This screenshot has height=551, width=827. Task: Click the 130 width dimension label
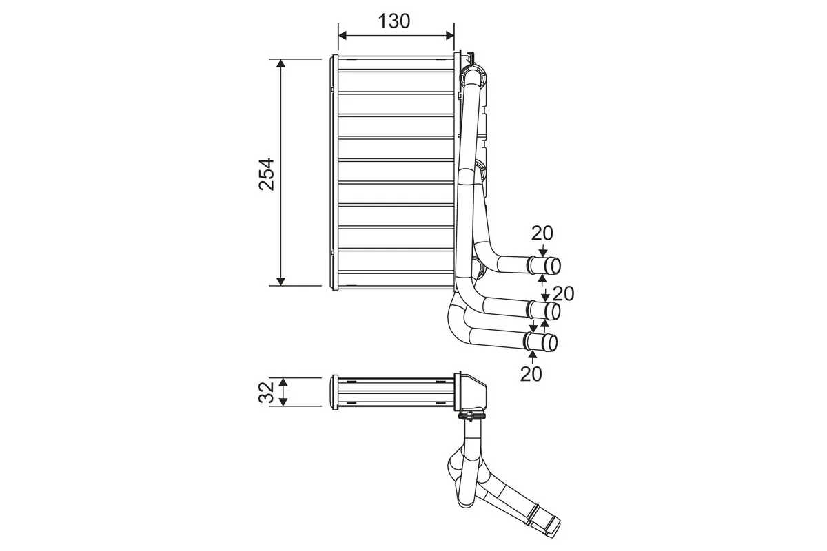pyautogui.click(x=394, y=21)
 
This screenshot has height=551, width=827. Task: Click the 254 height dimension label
pyautogui.click(x=267, y=174)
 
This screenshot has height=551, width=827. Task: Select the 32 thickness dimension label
pyautogui.click(x=267, y=392)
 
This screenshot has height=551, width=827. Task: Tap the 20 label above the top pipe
pyautogui.click(x=542, y=233)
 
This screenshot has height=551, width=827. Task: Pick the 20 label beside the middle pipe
pyautogui.click(x=563, y=293)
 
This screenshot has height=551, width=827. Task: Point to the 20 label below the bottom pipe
pyautogui.click(x=531, y=374)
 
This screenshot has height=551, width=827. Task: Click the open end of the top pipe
pyautogui.click(x=553, y=266)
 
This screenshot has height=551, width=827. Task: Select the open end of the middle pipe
pyautogui.click(x=553, y=311)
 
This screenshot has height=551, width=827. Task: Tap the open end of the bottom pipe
pyautogui.click(x=551, y=342)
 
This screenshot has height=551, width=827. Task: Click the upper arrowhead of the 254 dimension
pyautogui.click(x=280, y=64)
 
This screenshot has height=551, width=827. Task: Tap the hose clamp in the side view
pyautogui.click(x=472, y=415)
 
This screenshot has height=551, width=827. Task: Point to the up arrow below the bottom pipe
pyautogui.click(x=532, y=355)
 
